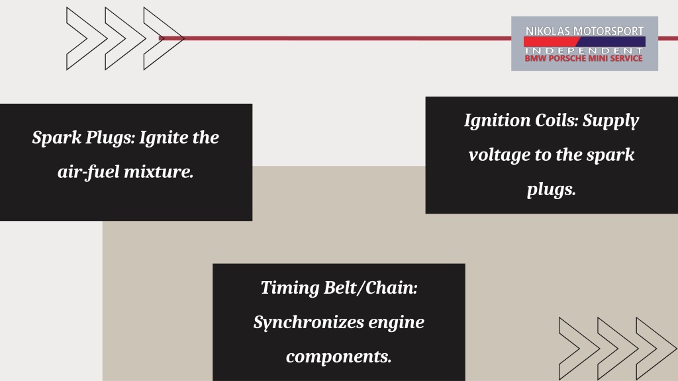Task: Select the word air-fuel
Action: point(89,172)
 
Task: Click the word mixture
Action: point(159,172)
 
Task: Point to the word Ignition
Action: point(497,120)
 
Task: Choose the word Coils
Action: point(556,120)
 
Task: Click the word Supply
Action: point(610,121)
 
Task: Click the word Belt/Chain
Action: point(371,288)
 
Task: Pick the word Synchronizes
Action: point(309,322)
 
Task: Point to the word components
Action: point(338,357)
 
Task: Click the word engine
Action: point(397,323)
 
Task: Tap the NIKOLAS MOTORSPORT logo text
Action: point(584,31)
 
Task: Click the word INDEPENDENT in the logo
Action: point(584,50)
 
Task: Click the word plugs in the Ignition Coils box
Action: point(552,190)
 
